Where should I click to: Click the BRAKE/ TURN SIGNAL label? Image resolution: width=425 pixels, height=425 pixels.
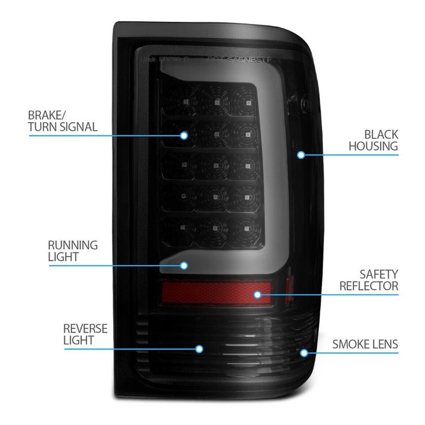coord(63,121)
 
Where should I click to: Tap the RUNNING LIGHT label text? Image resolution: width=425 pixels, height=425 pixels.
coord(73,251)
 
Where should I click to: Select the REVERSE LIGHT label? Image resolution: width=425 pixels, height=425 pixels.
coord(85,334)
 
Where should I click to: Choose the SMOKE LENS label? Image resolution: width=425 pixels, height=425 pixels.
coord(365,344)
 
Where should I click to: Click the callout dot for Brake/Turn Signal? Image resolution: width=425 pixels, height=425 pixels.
coord(184,135)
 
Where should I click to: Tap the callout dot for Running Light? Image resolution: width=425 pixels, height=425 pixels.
coord(184,265)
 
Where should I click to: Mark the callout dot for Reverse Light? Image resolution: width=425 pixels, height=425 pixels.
coord(199,349)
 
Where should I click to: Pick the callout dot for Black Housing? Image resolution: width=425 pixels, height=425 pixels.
coord(301,155)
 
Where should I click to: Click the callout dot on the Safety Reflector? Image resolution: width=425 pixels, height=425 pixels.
coord(258,294)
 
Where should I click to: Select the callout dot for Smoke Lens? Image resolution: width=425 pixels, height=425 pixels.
coord(304,352)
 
